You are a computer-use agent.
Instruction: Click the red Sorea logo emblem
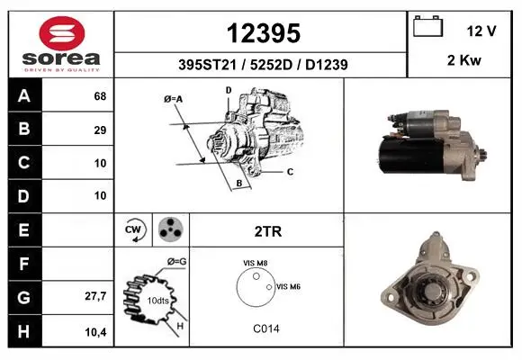coord(62,33)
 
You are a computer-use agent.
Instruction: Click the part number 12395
coord(264,33)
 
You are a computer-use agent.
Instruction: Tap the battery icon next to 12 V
coord(427,26)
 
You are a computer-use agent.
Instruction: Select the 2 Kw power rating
coord(464,60)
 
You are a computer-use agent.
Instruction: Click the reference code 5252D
coord(271,65)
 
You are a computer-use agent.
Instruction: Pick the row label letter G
coord(24,297)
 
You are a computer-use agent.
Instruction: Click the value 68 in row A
coord(100,96)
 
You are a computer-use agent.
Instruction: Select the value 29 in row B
coord(100,130)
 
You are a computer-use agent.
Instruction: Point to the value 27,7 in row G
coord(95,296)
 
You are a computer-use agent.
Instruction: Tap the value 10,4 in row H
coord(95,332)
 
